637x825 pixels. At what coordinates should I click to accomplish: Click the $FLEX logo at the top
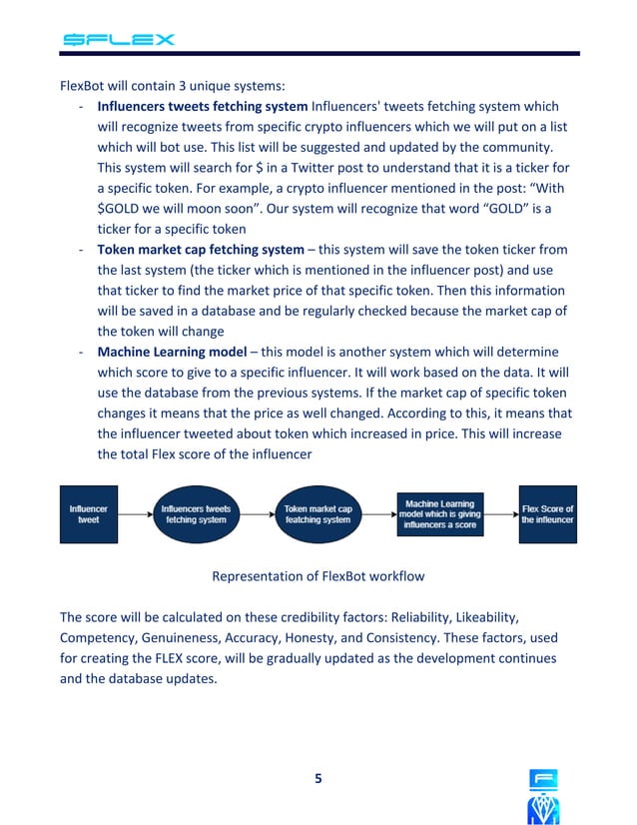point(119,40)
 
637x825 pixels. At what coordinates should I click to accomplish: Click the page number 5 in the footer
point(318,779)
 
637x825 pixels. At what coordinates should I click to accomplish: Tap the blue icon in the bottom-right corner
point(544,796)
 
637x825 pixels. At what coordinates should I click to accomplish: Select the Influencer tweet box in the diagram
point(88,514)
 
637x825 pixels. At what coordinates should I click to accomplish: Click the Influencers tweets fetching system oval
point(196,514)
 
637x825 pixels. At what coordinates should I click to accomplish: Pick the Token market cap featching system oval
point(318,514)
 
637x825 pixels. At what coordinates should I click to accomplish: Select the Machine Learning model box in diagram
point(439,514)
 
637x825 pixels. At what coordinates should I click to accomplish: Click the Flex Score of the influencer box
point(547,514)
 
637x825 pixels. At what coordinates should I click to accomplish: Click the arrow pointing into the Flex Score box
point(504,514)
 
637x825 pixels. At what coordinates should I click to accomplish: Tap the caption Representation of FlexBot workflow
point(318,576)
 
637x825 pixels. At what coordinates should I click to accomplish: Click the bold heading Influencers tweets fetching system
point(203,107)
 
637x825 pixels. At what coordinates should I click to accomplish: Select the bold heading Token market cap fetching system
point(200,250)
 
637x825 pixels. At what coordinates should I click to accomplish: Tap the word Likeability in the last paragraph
point(478,617)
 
